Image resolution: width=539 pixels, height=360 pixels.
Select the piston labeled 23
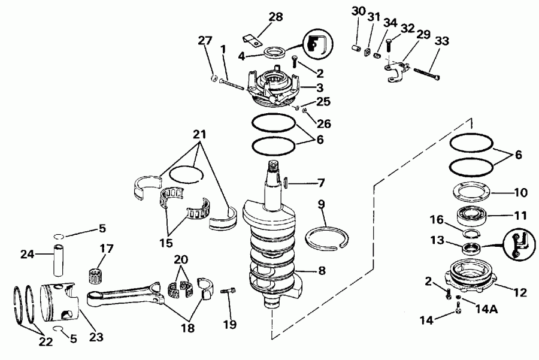coord(60,303)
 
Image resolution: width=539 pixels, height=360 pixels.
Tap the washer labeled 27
coord(214,78)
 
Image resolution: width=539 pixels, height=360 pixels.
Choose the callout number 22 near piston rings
coord(46,341)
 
